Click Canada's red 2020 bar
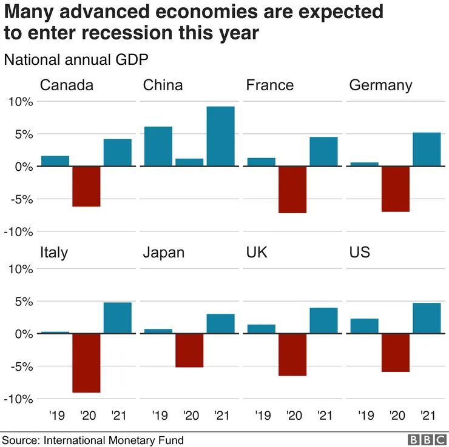pyautogui.click(x=86, y=186)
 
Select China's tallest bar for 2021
pyautogui.click(x=220, y=136)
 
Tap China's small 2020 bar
pyautogui.click(x=189, y=162)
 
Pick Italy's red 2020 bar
pyautogui.click(x=86, y=363)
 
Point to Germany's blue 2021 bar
pyautogui.click(x=427, y=149)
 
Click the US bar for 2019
pyautogui.click(x=365, y=326)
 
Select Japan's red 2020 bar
pyautogui.click(x=189, y=350)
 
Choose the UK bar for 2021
pyautogui.click(x=323, y=320)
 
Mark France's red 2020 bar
pyautogui.click(x=292, y=189)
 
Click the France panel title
pyautogui.click(x=269, y=85)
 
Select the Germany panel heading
pyautogui.click(x=380, y=85)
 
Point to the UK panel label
pyautogui.click(x=258, y=252)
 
